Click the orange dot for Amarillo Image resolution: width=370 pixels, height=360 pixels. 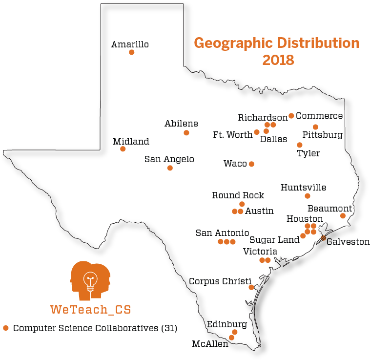coord(131,52)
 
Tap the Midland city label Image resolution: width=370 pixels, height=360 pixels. coord(131,142)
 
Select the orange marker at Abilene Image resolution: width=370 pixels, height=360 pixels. coord(186,133)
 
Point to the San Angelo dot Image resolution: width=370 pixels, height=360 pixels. coord(170,168)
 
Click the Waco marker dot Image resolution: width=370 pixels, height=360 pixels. coord(251,164)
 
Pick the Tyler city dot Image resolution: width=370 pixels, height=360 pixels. coord(300,145)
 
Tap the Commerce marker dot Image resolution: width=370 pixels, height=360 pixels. coord(291,116)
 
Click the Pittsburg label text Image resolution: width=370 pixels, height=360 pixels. coord(323,135)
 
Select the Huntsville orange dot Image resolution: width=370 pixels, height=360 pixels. coord(308,196)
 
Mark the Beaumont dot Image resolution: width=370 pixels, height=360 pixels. coord(343,216)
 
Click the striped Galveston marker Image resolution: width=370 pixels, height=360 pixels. coord(324,238)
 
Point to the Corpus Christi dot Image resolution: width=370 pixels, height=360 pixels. coord(251,287)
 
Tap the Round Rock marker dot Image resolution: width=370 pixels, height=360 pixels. coord(242,204)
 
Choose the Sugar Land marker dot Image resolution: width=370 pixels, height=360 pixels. coord(303,236)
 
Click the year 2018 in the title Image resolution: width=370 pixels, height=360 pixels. coord(278,60)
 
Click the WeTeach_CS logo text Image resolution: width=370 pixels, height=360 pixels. coord(91,309)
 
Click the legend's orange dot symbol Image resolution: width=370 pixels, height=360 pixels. coord(6,328)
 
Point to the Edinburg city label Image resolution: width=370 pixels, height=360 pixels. coord(226,324)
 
